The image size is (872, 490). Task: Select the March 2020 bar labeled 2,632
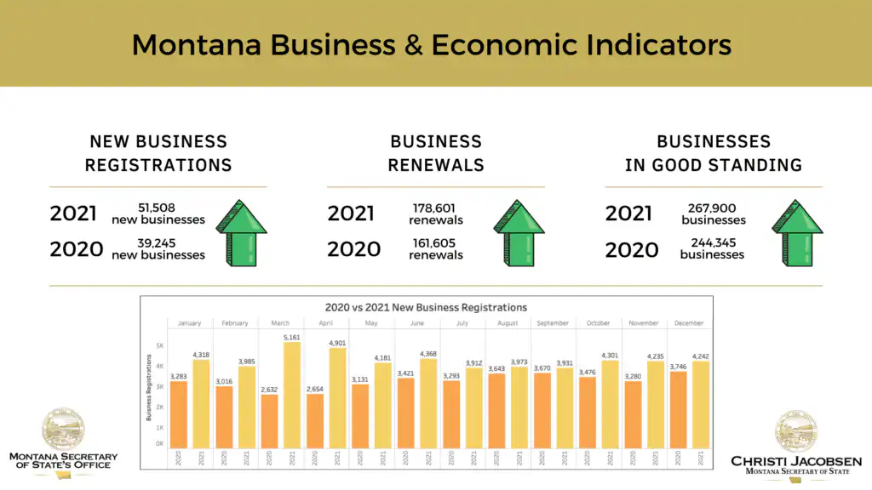click(x=268, y=420)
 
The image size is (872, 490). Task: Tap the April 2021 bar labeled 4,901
click(x=336, y=397)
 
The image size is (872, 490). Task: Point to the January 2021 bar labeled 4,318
click(x=201, y=403)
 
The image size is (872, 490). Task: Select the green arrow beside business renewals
click(x=519, y=232)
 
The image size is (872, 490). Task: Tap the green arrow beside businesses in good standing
click(x=797, y=232)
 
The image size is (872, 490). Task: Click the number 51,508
click(x=158, y=208)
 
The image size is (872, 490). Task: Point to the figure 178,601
click(x=435, y=208)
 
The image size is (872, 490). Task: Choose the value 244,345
click(x=713, y=243)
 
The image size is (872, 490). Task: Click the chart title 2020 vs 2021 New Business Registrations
click(x=426, y=307)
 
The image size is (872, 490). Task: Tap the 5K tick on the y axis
click(x=159, y=345)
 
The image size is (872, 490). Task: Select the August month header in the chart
click(x=508, y=323)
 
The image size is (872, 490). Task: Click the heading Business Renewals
click(x=435, y=153)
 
